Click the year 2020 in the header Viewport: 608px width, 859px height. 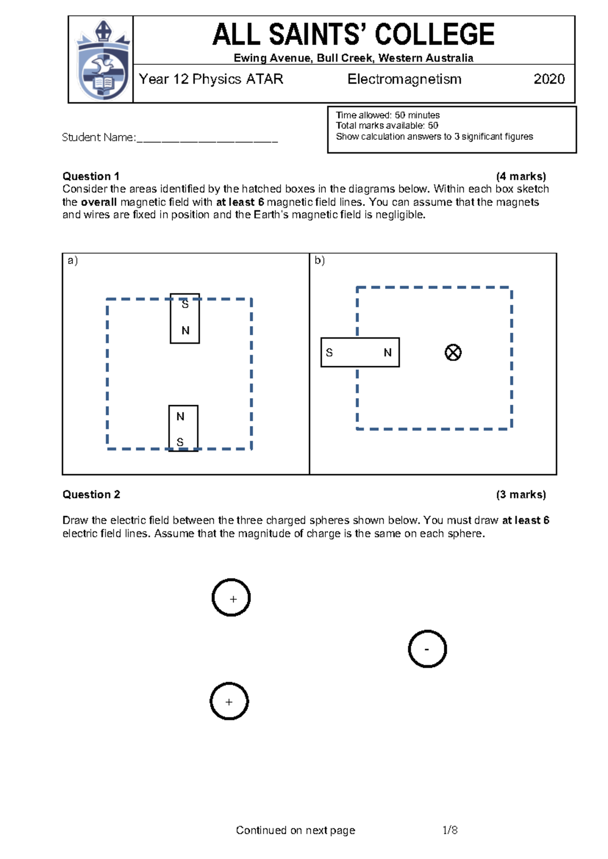pyautogui.click(x=549, y=79)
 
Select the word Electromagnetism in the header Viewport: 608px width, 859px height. pyautogui.click(x=404, y=79)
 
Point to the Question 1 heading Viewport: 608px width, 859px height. pyautogui.click(x=91, y=176)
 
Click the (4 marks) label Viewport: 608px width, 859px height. pyautogui.click(x=521, y=176)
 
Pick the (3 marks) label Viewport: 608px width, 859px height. pyautogui.click(x=521, y=494)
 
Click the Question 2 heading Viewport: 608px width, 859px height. pyautogui.click(x=91, y=494)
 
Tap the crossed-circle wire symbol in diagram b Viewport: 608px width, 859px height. pyautogui.click(x=453, y=353)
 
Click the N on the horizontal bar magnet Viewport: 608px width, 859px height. pyautogui.click(x=388, y=353)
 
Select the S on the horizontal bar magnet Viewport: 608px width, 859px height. pyautogui.click(x=329, y=353)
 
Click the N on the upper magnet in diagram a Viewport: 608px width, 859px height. pyautogui.click(x=185, y=331)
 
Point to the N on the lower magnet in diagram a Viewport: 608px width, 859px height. pyautogui.click(x=180, y=416)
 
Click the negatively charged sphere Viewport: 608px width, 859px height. pyautogui.click(x=427, y=649)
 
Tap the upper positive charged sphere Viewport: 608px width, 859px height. pyautogui.click(x=231, y=598)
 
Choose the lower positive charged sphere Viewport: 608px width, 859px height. pyautogui.click(x=229, y=701)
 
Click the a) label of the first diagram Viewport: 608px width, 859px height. pyautogui.click(x=73, y=260)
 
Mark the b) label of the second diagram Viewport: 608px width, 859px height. pyautogui.click(x=320, y=260)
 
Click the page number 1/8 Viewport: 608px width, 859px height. pyautogui.click(x=450, y=830)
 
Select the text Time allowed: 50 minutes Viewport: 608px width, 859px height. pyautogui.click(x=388, y=115)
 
